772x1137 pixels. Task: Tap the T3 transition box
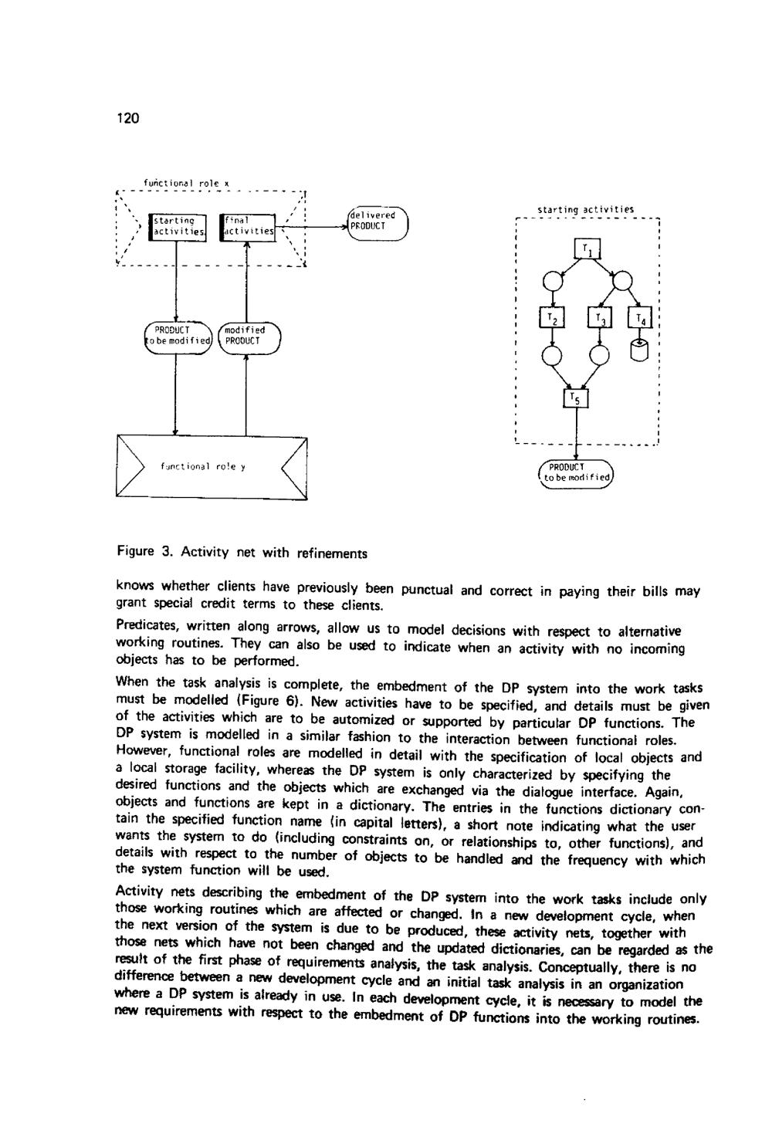[x=600, y=318]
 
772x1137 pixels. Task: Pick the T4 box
[x=642, y=318]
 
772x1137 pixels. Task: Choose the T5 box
[x=575, y=398]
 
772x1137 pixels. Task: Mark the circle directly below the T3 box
[x=600, y=354]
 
